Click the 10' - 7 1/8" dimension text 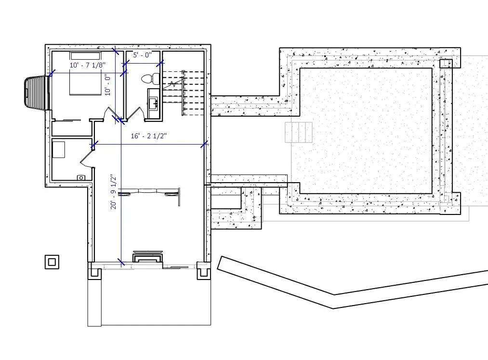click(87, 65)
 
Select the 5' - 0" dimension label click(142, 55)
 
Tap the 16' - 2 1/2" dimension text click(148, 136)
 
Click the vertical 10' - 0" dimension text click(108, 84)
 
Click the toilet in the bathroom click(150, 78)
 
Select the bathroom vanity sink click(154, 102)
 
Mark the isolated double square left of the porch click(52, 262)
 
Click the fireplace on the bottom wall click(147, 256)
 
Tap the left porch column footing click(94, 273)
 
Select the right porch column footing click(204, 273)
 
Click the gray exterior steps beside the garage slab click(299, 133)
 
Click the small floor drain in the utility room click(81, 177)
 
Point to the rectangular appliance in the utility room click(59, 149)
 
